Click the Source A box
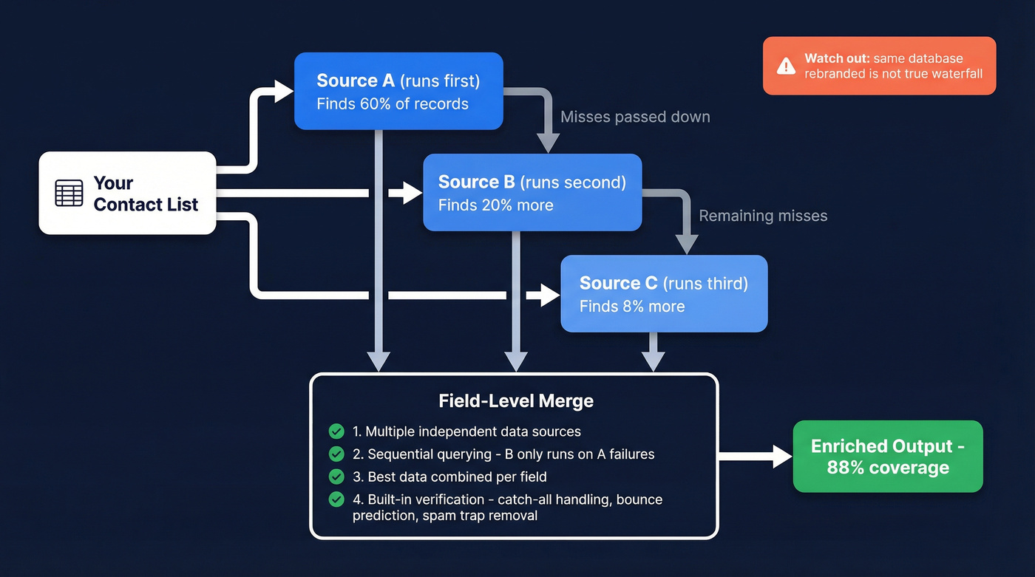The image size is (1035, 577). pyautogui.click(x=398, y=91)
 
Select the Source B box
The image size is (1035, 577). pyautogui.click(x=532, y=192)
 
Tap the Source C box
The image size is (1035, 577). pyautogui.click(x=663, y=293)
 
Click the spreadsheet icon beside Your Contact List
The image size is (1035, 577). pyautogui.click(x=69, y=193)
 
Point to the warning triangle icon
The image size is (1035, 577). pyautogui.click(x=786, y=66)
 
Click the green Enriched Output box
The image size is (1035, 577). pyautogui.click(x=887, y=457)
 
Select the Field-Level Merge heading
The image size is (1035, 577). pyautogui.click(x=515, y=401)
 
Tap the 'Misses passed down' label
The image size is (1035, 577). pyautogui.click(x=634, y=117)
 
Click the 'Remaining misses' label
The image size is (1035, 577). pyautogui.click(x=762, y=216)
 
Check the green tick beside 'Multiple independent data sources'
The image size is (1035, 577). pyautogui.click(x=336, y=431)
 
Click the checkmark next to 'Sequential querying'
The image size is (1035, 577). pyautogui.click(x=336, y=454)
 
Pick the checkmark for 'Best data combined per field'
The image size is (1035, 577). pyautogui.click(x=336, y=477)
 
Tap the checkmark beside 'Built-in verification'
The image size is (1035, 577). pyautogui.click(x=336, y=499)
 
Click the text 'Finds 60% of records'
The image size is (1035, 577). pyautogui.click(x=392, y=104)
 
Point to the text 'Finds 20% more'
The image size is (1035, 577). pyautogui.click(x=495, y=205)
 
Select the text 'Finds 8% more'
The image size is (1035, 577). pyautogui.click(x=631, y=307)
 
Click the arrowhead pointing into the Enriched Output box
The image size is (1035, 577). pyautogui.click(x=782, y=457)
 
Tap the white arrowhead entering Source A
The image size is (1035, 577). pyautogui.click(x=284, y=92)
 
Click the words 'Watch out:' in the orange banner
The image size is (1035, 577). pyautogui.click(x=836, y=58)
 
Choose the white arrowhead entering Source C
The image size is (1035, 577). pyautogui.click(x=550, y=296)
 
